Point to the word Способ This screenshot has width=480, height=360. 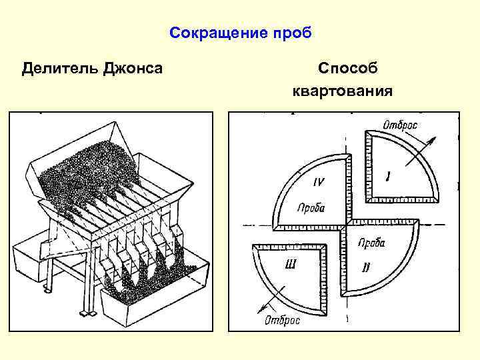tap(347, 68)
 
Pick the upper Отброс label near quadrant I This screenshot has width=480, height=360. tap(405, 124)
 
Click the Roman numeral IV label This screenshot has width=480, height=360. tap(320, 181)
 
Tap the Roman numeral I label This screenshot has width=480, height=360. tap(388, 175)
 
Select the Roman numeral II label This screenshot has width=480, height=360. tap(365, 267)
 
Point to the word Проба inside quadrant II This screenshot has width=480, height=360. tap(371, 243)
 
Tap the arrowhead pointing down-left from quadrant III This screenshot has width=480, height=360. tap(259, 308)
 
